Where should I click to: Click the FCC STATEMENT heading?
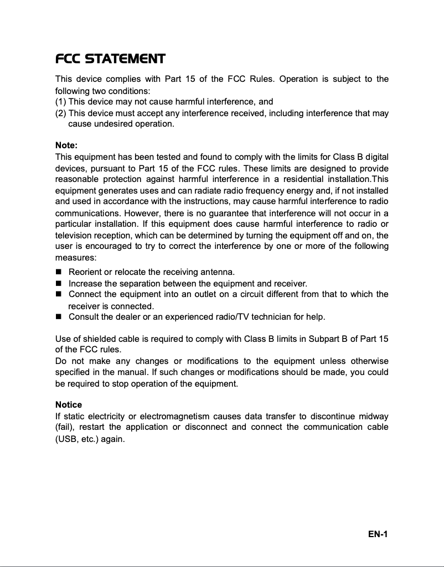point(110,59)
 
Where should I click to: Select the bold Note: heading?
point(66,145)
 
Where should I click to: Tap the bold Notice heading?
point(69,404)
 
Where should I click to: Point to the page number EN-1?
point(378,534)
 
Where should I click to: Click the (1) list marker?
point(61,102)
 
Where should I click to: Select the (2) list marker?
point(61,113)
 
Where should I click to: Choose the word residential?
point(307,179)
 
